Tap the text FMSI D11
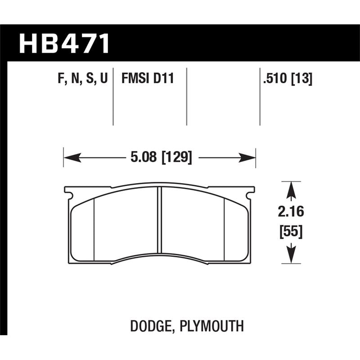click(147, 79)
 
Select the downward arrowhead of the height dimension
click(291, 256)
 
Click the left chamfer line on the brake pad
click(94, 229)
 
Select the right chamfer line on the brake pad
click(224, 229)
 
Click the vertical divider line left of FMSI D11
click(113, 97)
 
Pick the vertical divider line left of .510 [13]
click(260, 97)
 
